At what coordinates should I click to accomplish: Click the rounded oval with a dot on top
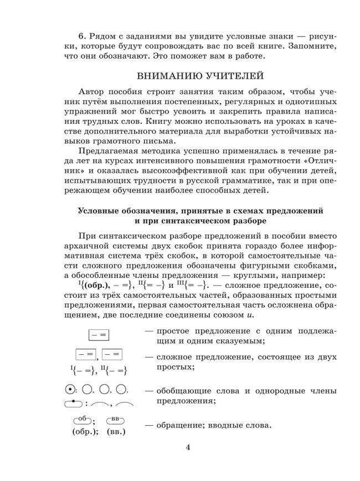74,403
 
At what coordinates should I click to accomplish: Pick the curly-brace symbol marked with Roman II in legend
114,370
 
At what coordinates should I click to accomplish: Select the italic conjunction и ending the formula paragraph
250,316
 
